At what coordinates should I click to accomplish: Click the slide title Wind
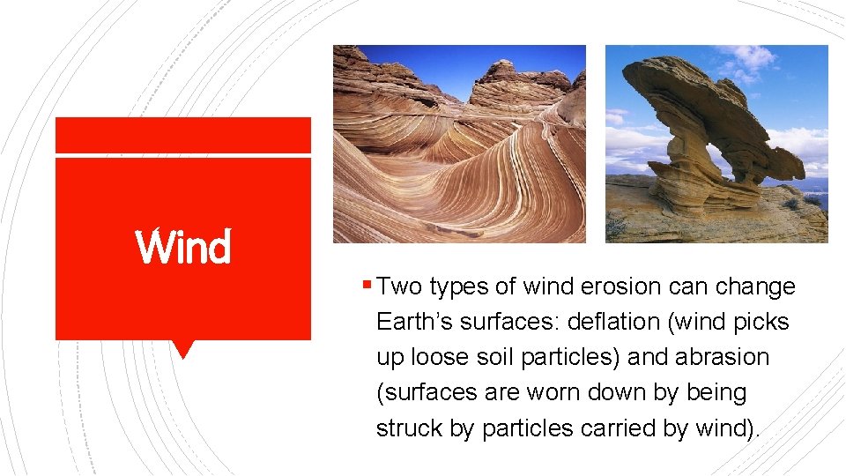coord(183,247)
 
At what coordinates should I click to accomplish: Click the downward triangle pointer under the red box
coord(183,348)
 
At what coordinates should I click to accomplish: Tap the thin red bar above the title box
coord(183,135)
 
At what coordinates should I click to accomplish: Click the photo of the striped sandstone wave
coord(459,144)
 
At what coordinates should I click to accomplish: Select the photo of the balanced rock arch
coord(716,144)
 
